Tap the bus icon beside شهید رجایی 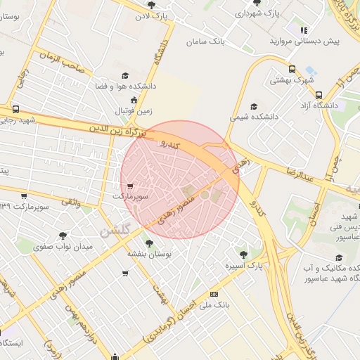[15, 110]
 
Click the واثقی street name [70, 202]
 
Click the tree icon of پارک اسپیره [243, 255]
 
